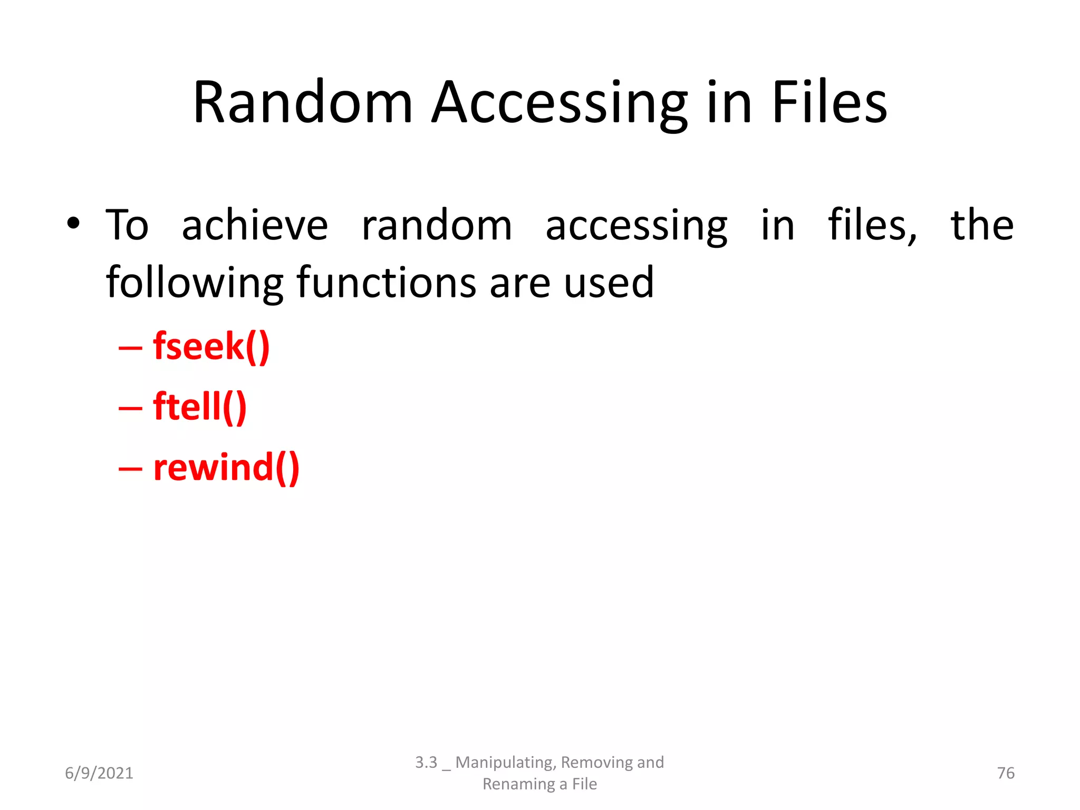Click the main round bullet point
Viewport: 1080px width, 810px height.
point(73,224)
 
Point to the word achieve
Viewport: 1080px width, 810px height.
point(255,226)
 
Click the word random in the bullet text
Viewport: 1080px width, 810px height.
point(437,226)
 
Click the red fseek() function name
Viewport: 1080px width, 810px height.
point(211,346)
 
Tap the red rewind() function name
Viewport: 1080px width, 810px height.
point(226,468)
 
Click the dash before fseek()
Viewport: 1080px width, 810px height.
point(130,349)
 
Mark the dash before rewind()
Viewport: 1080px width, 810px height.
point(130,469)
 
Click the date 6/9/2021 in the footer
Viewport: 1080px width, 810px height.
point(99,773)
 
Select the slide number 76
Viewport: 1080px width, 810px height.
point(1005,773)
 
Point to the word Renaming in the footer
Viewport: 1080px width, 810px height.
point(518,784)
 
